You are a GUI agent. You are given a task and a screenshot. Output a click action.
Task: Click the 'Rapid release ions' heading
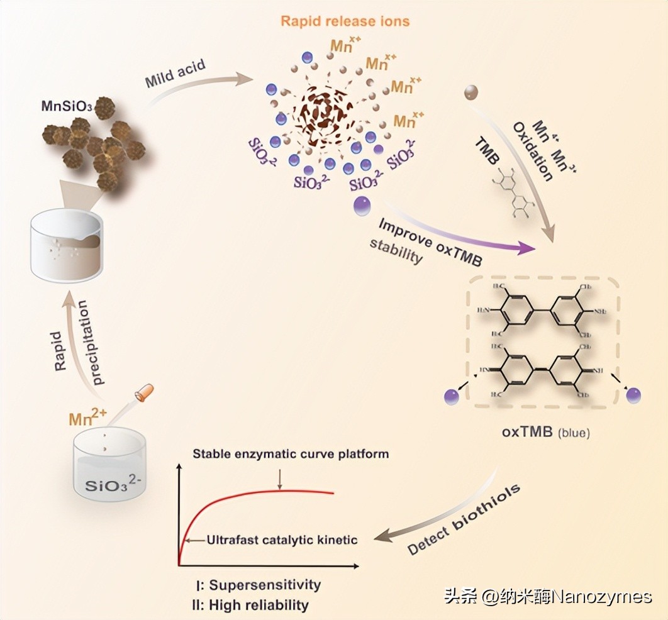pyautogui.click(x=345, y=21)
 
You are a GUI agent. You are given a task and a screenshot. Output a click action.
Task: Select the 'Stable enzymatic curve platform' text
pyautogui.click(x=291, y=453)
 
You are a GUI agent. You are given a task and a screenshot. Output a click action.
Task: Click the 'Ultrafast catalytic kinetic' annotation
pyautogui.click(x=282, y=540)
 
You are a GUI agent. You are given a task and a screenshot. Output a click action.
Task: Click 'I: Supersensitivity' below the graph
pyautogui.click(x=258, y=585)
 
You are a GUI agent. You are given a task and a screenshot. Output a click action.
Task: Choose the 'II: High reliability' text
pyautogui.click(x=250, y=606)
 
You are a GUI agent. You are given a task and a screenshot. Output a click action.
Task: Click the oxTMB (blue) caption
pyautogui.click(x=545, y=433)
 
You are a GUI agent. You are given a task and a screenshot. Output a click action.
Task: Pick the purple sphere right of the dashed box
pyautogui.click(x=633, y=396)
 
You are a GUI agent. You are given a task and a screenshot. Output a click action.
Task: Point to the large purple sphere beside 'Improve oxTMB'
pyautogui.click(x=362, y=206)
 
